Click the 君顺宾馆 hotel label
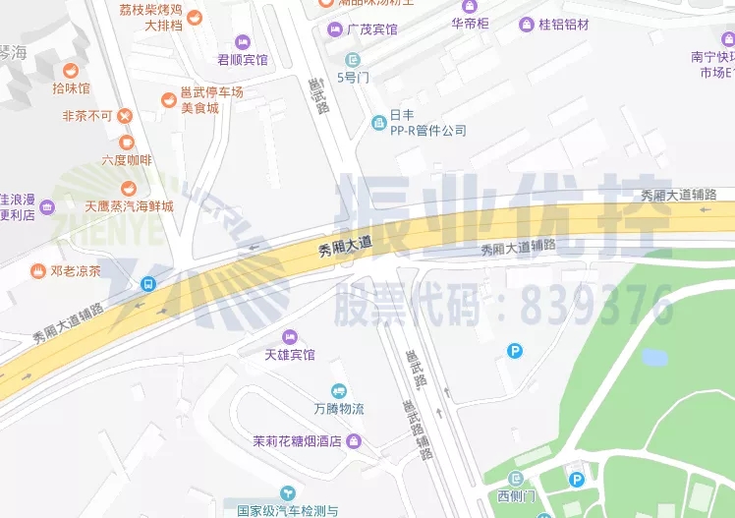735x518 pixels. (x=242, y=59)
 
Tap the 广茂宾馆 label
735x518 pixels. (x=371, y=29)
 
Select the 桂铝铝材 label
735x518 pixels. (x=564, y=24)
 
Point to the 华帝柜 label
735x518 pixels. (x=470, y=23)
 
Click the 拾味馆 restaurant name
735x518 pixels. (x=71, y=88)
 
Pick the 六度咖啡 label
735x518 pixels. (x=127, y=159)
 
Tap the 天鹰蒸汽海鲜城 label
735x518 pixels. (x=129, y=206)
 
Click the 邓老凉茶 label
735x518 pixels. (x=76, y=270)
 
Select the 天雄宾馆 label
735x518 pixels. (x=290, y=354)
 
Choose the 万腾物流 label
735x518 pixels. (x=339, y=408)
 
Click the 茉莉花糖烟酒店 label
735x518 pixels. (x=296, y=441)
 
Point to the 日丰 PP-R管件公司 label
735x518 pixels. (x=427, y=122)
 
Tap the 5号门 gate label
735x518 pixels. (x=352, y=76)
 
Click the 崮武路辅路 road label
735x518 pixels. (x=416, y=431)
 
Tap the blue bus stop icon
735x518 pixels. (x=147, y=284)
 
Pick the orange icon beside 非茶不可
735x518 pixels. (x=125, y=116)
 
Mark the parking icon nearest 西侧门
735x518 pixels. (x=577, y=480)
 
